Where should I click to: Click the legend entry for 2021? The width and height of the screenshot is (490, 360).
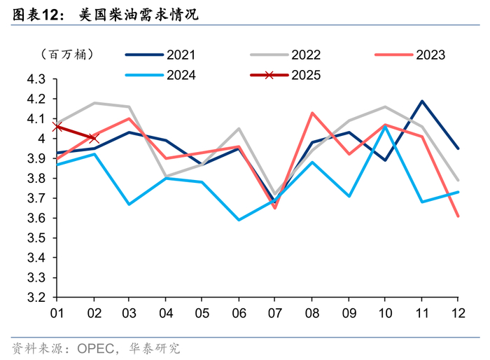point(160,55)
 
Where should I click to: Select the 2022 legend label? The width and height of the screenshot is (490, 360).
point(285,55)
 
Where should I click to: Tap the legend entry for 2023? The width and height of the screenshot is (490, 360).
point(409,55)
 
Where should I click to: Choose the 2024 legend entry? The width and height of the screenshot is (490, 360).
point(160,75)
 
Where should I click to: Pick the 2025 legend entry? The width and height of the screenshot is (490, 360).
point(285,75)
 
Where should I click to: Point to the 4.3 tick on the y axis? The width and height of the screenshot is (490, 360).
point(36,79)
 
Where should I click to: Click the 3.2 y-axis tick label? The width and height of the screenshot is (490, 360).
point(36,298)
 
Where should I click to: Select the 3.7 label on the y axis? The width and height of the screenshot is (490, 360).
point(36,198)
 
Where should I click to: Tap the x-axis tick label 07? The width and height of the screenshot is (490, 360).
point(275,313)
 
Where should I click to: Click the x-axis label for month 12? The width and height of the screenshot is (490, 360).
point(458,313)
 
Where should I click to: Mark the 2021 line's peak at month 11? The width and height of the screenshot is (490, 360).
point(422,101)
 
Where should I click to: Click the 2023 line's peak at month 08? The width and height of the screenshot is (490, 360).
point(312,113)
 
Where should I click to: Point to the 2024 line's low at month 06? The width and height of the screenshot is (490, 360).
point(239,220)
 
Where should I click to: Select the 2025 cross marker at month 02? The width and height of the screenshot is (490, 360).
point(94,138)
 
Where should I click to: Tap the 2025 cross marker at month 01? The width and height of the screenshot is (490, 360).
point(57,127)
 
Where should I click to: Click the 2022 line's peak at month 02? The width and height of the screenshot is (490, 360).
point(94,102)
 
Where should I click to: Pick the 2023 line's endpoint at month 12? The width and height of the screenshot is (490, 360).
point(458,216)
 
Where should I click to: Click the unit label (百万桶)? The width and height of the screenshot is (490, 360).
point(67,55)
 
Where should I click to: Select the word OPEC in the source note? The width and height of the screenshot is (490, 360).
point(96,348)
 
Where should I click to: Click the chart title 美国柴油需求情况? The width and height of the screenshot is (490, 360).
point(139,15)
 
